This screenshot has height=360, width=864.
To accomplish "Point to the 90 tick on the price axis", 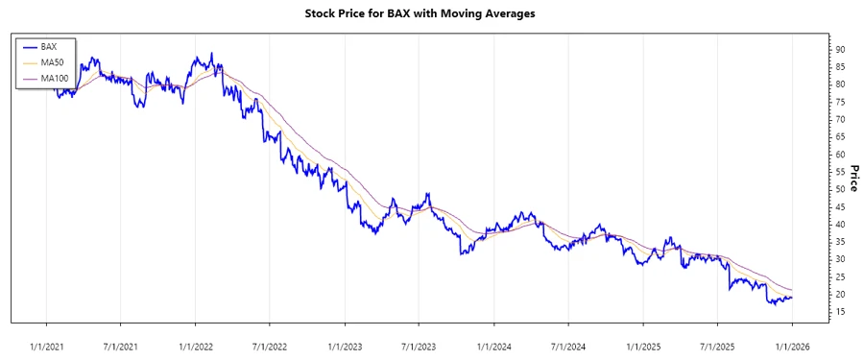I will pos(840,49).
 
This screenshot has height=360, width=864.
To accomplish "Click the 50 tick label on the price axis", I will pos(840,189).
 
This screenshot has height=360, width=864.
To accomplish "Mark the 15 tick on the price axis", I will pos(840,312).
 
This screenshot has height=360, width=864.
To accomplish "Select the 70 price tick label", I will pos(840,119).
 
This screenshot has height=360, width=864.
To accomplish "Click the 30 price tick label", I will pos(840,259).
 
